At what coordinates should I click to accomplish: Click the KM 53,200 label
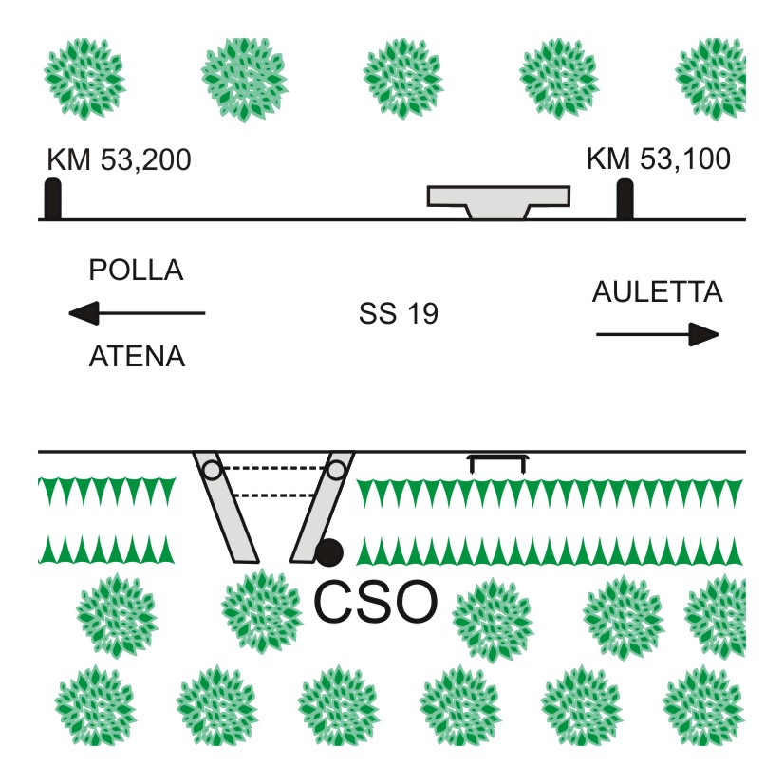pos(119,159)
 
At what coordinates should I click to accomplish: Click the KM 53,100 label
pos(659,159)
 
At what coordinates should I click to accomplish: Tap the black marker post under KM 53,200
pos(53,199)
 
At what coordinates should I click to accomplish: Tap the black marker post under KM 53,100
pos(625,199)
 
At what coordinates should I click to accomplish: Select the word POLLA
pos(136,271)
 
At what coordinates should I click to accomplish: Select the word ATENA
pos(137,357)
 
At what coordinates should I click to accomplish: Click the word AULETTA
pos(657,292)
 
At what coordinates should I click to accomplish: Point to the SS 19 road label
pos(399,314)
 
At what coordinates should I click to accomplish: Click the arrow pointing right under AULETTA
pos(657,334)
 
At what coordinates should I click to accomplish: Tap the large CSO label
pos(376,601)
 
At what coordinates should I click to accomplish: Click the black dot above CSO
pos(330,551)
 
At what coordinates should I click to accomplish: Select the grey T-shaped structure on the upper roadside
pos(498,200)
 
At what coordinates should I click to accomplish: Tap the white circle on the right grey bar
pos(336,469)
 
